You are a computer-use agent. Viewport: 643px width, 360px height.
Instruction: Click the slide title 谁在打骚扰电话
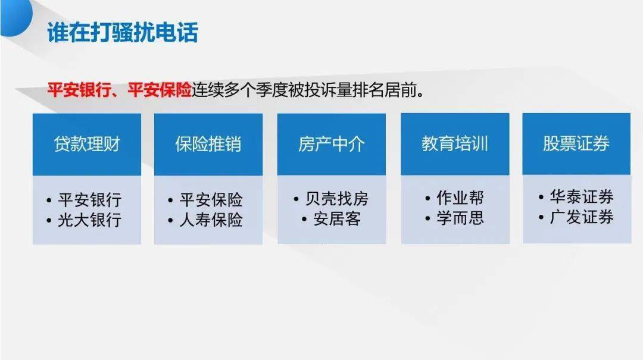point(122,32)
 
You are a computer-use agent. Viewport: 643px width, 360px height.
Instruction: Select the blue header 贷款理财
point(87,145)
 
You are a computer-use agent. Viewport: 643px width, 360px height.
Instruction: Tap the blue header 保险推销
point(208,145)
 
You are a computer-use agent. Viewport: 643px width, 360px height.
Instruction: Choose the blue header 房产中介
point(331,145)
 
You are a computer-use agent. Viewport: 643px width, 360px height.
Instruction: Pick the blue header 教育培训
point(455,145)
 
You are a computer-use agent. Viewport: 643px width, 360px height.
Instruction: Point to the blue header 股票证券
point(576,145)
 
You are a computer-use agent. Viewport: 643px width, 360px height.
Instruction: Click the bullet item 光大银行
point(90,220)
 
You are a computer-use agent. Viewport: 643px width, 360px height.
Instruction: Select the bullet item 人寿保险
point(211,220)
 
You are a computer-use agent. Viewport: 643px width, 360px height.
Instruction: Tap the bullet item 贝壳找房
point(336,199)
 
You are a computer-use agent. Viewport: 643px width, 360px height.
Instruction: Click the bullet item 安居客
point(337,220)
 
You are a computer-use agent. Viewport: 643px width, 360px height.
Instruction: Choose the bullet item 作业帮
point(460,198)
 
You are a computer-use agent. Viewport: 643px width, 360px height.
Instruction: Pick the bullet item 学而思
point(460,218)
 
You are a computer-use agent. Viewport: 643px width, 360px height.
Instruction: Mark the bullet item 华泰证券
point(581,196)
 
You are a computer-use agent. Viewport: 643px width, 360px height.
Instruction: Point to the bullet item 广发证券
point(581,217)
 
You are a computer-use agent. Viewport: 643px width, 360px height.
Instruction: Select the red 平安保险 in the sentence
point(160,90)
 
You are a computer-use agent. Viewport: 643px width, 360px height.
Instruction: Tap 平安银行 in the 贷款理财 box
point(90,199)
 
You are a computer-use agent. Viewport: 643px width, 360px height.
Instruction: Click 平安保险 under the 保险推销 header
point(211,199)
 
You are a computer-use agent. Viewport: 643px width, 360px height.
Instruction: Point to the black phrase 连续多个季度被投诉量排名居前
point(310,90)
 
